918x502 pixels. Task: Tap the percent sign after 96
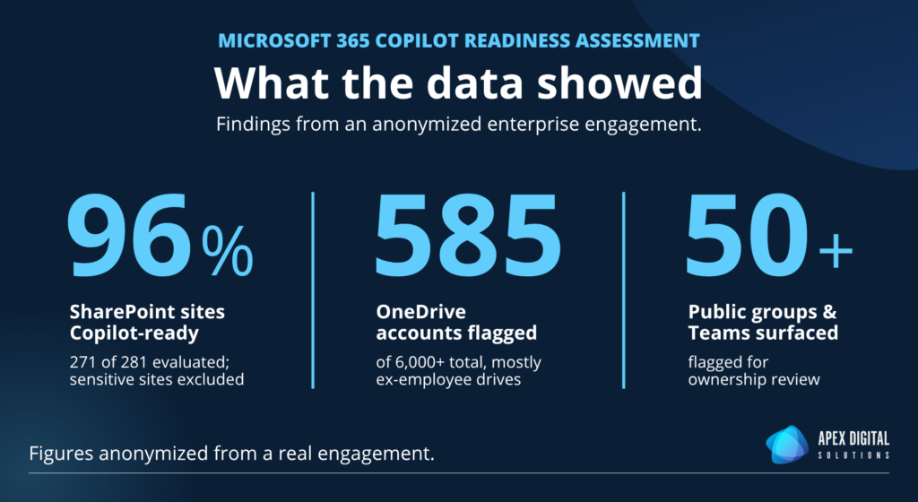pos(228,252)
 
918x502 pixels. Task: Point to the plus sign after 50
pos(836,250)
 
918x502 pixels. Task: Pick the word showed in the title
pos(619,83)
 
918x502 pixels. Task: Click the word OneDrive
pos(421,312)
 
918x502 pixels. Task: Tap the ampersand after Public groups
pos(829,312)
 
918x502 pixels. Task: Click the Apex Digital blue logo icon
pos(787,445)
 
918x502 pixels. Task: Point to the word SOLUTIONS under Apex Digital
pos(853,455)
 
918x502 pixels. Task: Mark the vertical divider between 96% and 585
pos(313,290)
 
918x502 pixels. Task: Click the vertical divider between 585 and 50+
pos(624,290)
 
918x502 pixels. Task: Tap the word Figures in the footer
pos(62,454)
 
